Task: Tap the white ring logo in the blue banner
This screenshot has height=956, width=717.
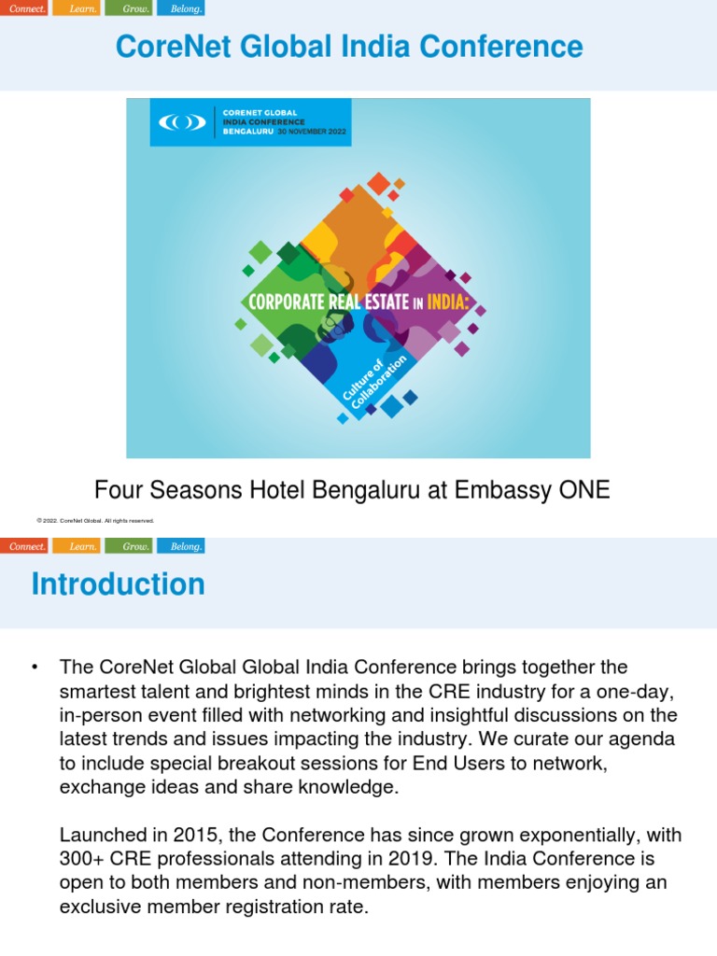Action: pyautogui.click(x=182, y=122)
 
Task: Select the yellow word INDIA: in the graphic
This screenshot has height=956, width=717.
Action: pyautogui.click(x=452, y=302)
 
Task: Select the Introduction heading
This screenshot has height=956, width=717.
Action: pyautogui.click(x=118, y=584)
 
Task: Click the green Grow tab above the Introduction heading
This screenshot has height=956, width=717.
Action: pyautogui.click(x=129, y=546)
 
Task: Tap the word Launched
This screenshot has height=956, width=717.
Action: pyautogui.click(x=102, y=834)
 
